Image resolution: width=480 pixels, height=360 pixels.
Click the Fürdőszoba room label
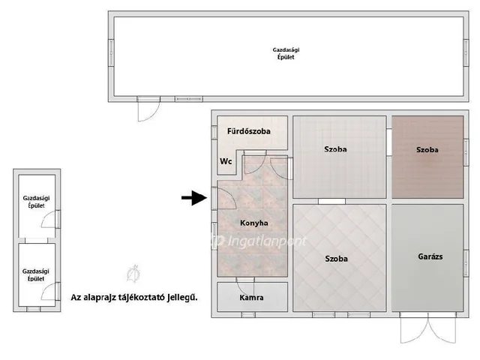tap(248, 131)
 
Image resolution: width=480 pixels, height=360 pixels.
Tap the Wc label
tap(226, 161)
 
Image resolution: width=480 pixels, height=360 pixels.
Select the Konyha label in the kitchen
tap(253, 223)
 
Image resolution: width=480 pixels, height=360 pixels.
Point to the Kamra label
tap(251, 297)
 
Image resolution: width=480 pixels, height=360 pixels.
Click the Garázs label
tap(430, 256)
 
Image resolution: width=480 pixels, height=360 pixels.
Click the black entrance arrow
tap(194, 198)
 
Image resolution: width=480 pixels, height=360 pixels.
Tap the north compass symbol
tap(133, 273)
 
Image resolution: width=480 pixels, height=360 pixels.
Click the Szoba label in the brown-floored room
tap(427, 150)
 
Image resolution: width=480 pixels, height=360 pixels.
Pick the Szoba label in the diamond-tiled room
tap(336, 259)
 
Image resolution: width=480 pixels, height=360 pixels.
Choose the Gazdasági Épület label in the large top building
tap(286, 53)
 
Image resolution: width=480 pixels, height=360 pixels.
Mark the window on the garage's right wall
tap(466, 263)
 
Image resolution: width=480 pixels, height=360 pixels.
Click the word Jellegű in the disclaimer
tap(182, 297)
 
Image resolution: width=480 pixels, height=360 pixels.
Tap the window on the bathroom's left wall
tap(214, 133)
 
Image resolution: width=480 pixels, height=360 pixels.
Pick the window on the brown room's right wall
tap(466, 152)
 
